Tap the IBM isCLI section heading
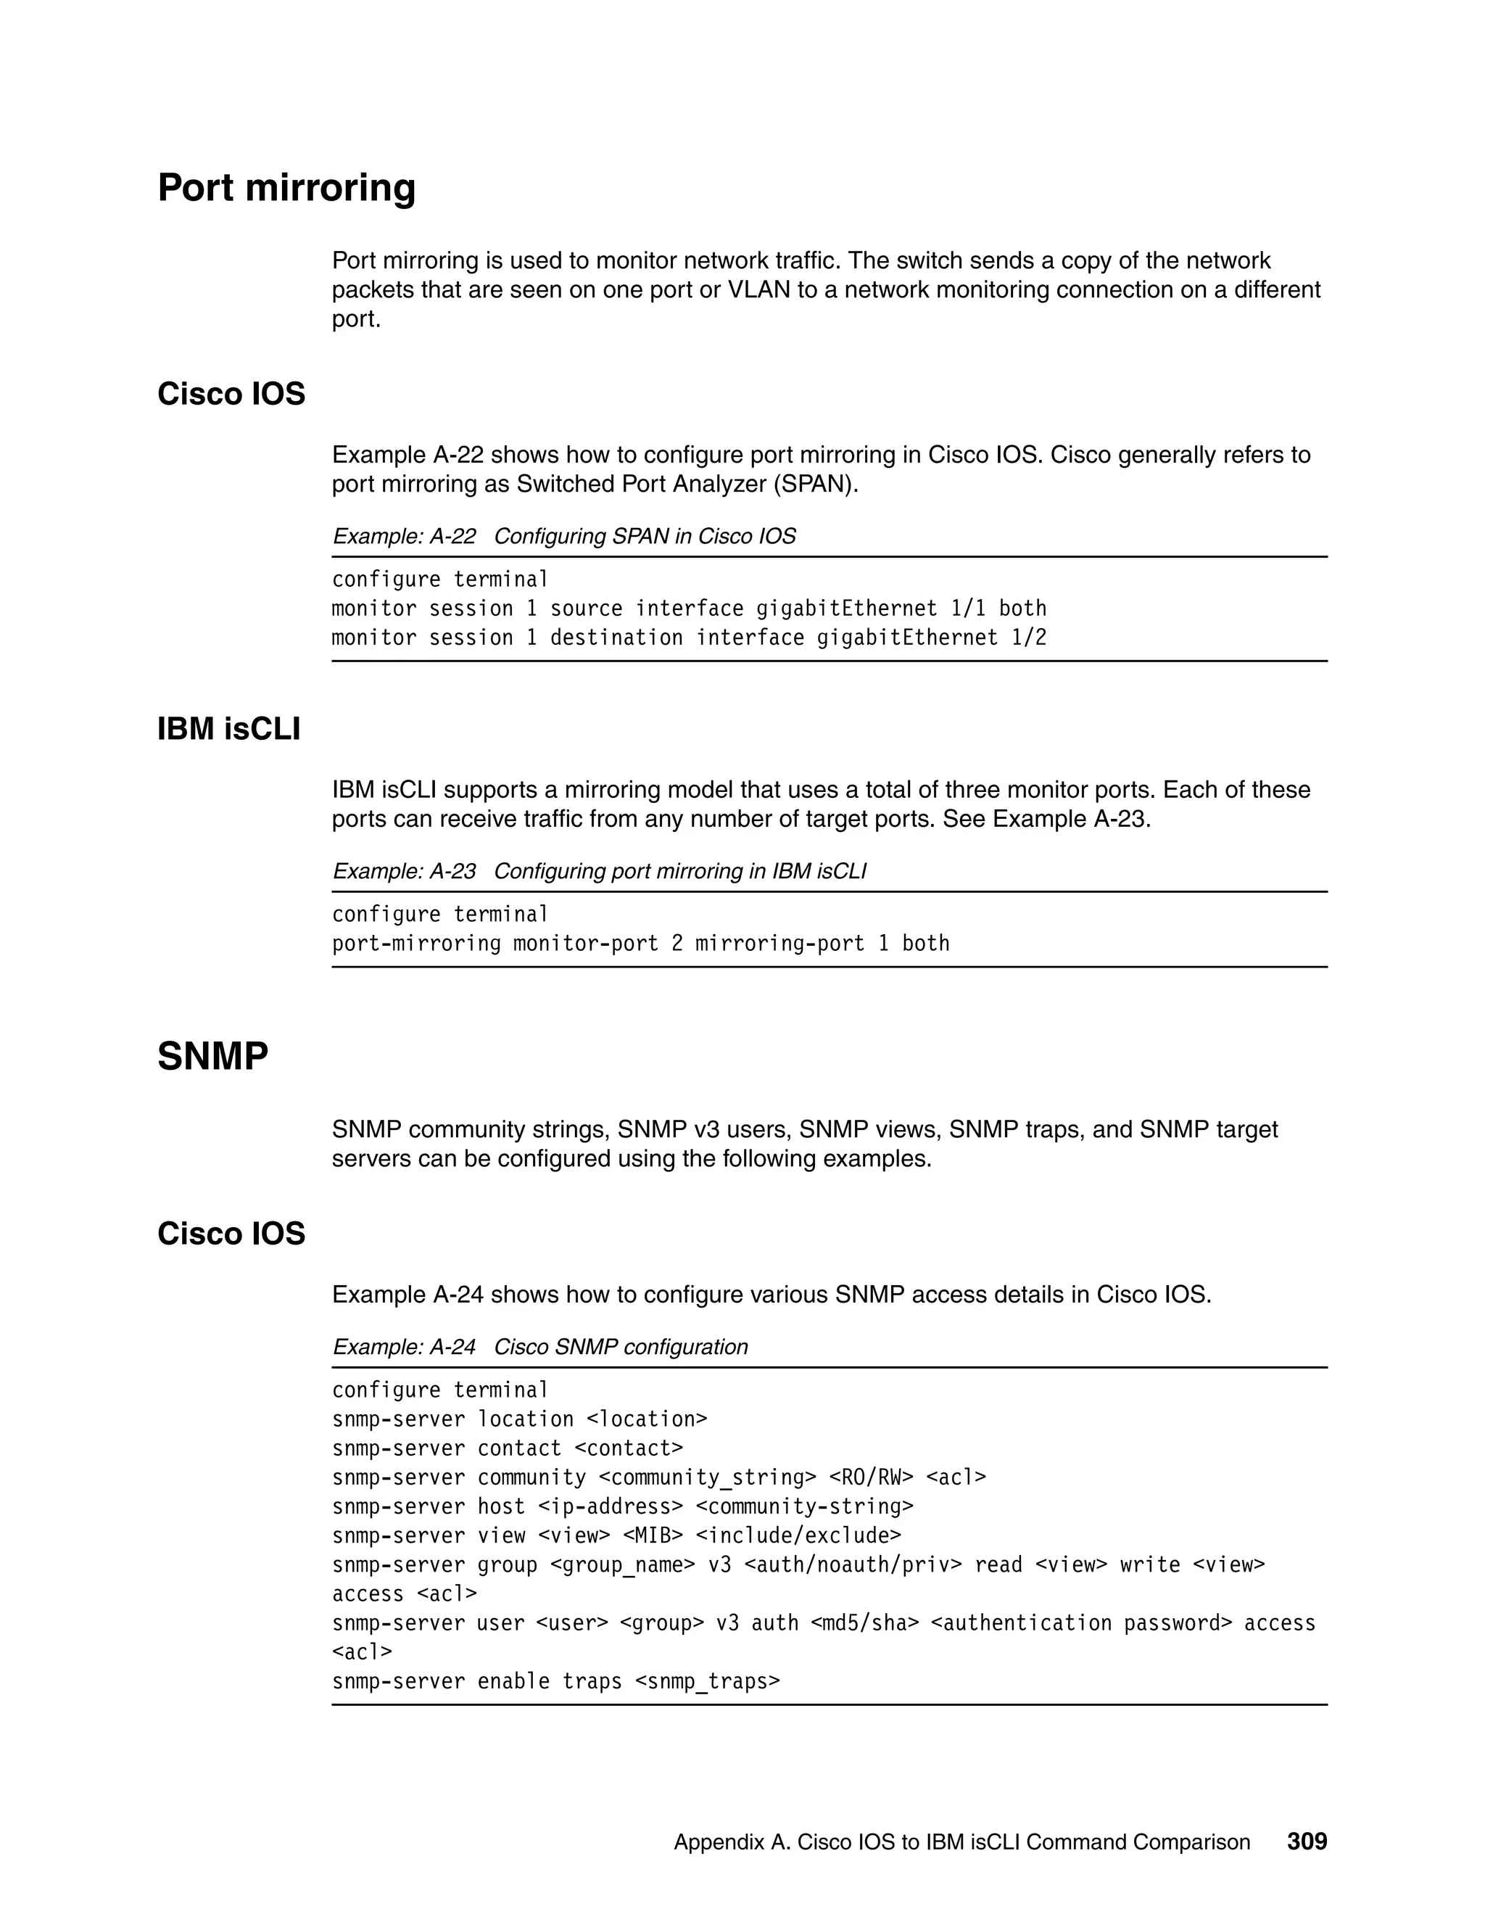click(x=228, y=729)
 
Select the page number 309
click(x=1307, y=1841)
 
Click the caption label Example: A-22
click(x=404, y=536)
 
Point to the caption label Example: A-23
click(x=404, y=871)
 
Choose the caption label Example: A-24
click(x=404, y=1346)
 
